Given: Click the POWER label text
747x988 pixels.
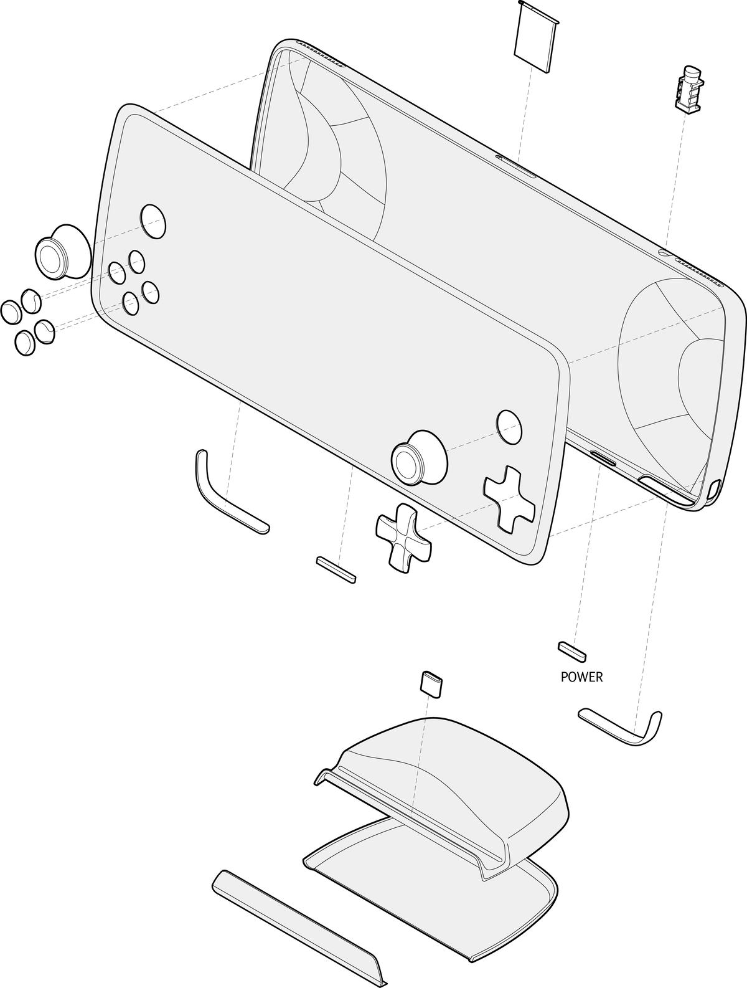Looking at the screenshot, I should (581, 677).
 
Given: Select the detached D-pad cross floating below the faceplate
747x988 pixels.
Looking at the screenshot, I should (403, 537).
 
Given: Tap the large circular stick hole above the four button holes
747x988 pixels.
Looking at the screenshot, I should (153, 221).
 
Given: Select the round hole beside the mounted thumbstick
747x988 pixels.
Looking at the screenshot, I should (509, 426).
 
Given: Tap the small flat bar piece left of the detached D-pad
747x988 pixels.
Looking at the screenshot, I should (336, 569).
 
